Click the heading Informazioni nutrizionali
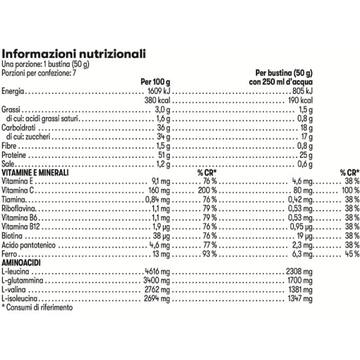point(74,53)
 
